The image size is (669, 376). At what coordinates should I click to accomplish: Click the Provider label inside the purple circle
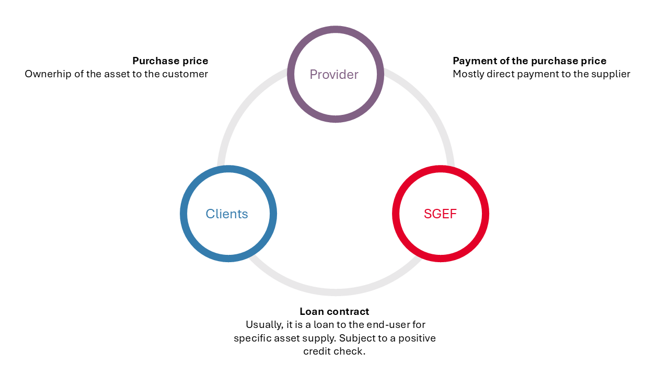[334, 74]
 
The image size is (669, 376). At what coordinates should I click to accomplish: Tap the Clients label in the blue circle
[227, 214]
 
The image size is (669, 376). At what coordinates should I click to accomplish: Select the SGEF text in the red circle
[440, 214]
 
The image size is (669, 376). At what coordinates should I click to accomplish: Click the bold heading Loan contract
[334, 311]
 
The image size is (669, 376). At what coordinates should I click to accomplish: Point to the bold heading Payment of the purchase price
[529, 61]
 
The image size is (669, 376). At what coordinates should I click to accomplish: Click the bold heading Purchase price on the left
[170, 61]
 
